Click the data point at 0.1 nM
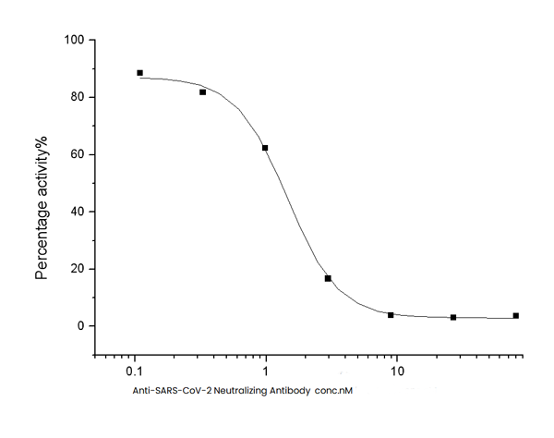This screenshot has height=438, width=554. pos(139,73)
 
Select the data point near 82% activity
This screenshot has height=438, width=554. pos(202,92)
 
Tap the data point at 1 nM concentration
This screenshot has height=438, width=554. pos(265,148)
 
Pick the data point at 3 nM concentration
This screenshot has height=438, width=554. pos(328,278)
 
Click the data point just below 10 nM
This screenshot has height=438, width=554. pos(391,315)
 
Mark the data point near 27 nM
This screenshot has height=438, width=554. pos(453,317)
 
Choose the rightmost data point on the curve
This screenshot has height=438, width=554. pos(516,315)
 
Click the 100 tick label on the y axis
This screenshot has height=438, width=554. pos(74,41)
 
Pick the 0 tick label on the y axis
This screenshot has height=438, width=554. pos(81,326)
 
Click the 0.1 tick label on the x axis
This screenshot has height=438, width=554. pos(134,371)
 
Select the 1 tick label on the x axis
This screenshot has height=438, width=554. pos(266,371)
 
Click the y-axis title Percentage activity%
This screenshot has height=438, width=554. pos(42,208)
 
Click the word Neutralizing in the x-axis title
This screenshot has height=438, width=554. pos(240,391)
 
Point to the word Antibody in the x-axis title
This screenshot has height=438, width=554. pos(293,391)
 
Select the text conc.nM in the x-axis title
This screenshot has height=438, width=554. pos(336,391)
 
